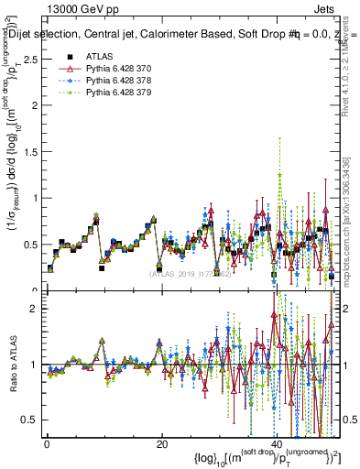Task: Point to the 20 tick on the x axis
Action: pyautogui.click(x=161, y=444)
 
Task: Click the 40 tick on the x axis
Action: pyautogui.click(x=276, y=444)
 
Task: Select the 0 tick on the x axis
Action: pyautogui.click(x=47, y=444)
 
